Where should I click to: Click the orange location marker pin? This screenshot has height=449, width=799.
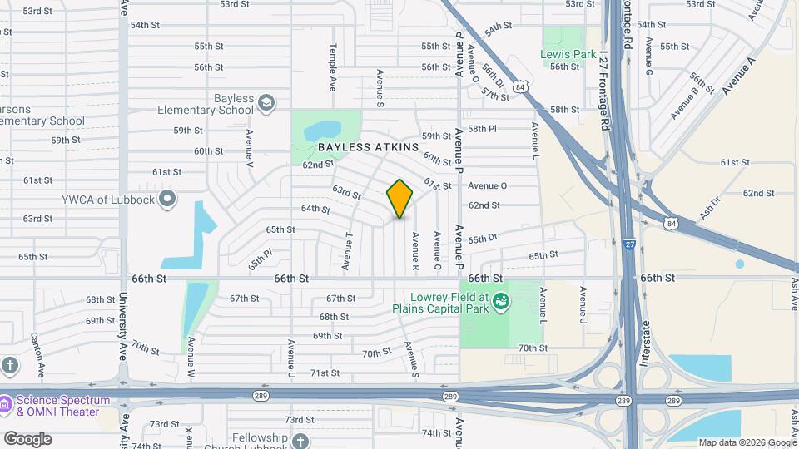tap(400, 198)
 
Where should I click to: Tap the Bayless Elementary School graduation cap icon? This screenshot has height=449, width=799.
tap(266, 103)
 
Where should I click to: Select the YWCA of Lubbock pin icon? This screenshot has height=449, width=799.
tap(168, 198)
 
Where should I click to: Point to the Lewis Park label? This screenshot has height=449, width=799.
tap(568, 55)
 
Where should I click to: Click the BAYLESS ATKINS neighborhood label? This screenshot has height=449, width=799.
tap(368, 147)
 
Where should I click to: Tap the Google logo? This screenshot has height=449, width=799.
tap(27, 439)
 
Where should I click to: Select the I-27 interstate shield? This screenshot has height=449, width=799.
tap(630, 244)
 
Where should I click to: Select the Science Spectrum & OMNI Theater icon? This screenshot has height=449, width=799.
tap(7, 405)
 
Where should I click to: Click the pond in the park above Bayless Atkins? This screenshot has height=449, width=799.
tap(322, 131)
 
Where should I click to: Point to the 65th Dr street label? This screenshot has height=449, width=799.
tap(482, 239)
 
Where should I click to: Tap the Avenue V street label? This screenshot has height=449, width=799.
tap(249, 144)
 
